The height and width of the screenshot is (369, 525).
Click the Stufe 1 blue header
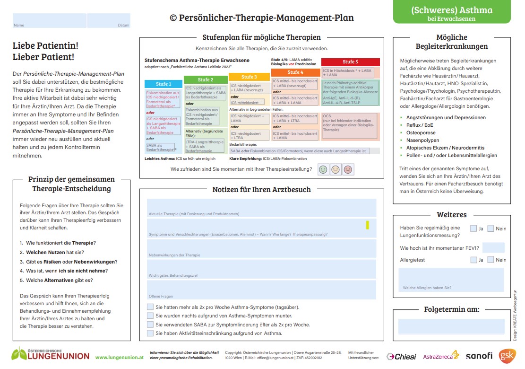(164, 84)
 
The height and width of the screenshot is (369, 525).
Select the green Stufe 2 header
(205, 79)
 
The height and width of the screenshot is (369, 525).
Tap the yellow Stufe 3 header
(249, 77)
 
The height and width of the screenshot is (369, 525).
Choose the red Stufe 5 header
(350, 62)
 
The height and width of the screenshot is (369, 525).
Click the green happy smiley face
(323, 169)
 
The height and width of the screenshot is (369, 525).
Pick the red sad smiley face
(348, 169)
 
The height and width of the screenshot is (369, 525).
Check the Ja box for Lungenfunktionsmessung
(473, 228)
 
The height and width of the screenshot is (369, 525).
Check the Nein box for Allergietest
(491, 260)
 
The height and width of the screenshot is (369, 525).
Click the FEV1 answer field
(493, 247)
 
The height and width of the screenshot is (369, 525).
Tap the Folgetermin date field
(451, 326)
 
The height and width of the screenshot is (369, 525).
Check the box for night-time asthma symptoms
(150, 316)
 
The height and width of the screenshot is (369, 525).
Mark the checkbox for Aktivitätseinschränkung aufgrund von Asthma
(150, 333)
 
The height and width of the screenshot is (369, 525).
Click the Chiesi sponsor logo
(401, 356)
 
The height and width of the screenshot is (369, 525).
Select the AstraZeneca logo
(440, 356)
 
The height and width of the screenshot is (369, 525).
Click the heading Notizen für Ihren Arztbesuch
(261, 190)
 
